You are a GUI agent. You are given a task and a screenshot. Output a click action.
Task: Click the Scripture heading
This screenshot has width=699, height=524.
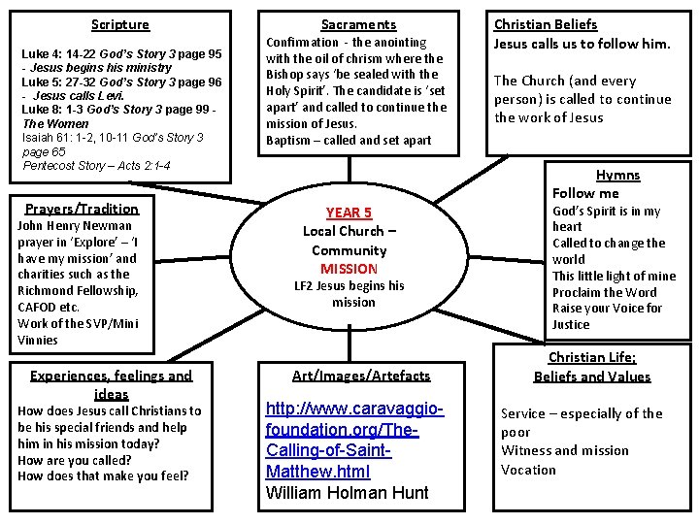click(120, 24)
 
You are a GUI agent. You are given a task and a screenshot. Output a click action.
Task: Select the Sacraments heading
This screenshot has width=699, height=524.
click(358, 24)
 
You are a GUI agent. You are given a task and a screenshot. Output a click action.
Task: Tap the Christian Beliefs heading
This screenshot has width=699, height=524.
click(546, 24)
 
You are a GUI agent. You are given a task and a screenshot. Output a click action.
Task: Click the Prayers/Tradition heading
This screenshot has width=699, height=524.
click(82, 209)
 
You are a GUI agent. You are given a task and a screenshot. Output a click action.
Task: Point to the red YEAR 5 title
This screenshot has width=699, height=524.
click(349, 213)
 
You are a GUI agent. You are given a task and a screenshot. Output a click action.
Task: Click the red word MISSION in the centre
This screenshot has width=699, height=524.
click(349, 268)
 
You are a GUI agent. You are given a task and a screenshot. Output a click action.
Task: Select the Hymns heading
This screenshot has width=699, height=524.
click(617, 175)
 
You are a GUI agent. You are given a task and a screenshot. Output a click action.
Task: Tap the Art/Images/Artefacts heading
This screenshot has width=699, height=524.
click(361, 375)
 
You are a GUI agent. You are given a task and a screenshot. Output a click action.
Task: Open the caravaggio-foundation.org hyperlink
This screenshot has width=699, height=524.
click(354, 437)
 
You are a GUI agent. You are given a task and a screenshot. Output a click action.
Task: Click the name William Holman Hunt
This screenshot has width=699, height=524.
click(347, 492)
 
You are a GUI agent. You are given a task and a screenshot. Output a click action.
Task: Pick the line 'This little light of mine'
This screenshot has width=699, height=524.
click(614, 276)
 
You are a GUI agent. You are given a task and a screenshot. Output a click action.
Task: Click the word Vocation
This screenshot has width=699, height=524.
click(528, 470)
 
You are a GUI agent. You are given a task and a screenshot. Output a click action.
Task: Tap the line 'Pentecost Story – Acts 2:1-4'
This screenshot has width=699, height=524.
click(96, 166)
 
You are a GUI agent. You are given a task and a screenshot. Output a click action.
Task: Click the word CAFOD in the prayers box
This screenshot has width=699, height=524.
click(37, 307)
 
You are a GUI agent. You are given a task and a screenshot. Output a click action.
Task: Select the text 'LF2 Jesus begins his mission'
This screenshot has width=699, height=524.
click(349, 294)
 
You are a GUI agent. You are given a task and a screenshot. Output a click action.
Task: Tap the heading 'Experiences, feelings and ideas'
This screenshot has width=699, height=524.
click(112, 384)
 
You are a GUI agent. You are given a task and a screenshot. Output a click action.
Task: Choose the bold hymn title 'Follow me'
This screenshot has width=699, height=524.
click(585, 193)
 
